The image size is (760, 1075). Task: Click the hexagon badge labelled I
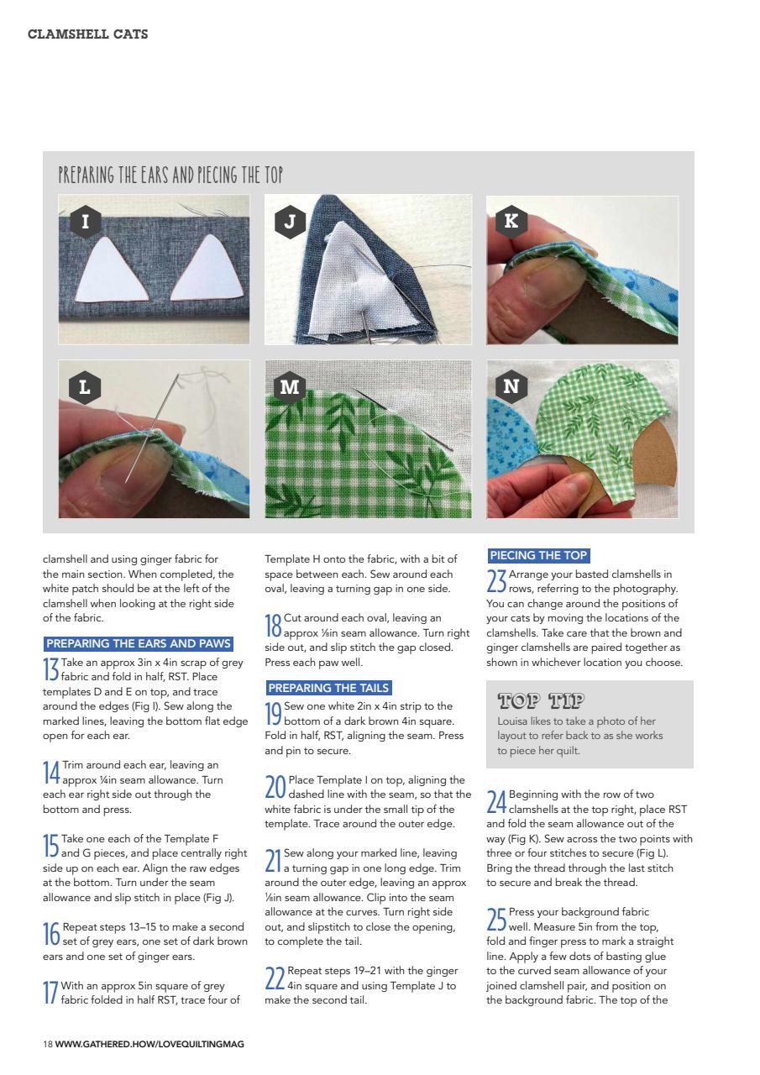[x=85, y=222]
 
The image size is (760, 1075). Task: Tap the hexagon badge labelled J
[x=290, y=222]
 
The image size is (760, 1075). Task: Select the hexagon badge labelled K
[x=511, y=222]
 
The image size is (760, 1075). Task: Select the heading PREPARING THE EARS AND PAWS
[x=138, y=644]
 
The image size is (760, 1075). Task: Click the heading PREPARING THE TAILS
[x=328, y=687]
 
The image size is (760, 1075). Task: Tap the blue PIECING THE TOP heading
[x=538, y=555]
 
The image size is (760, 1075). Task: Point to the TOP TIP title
[x=541, y=700]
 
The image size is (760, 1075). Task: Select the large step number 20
[x=275, y=787]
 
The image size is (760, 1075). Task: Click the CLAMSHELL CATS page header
[x=88, y=34]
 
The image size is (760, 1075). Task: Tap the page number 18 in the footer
[x=48, y=1044]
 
